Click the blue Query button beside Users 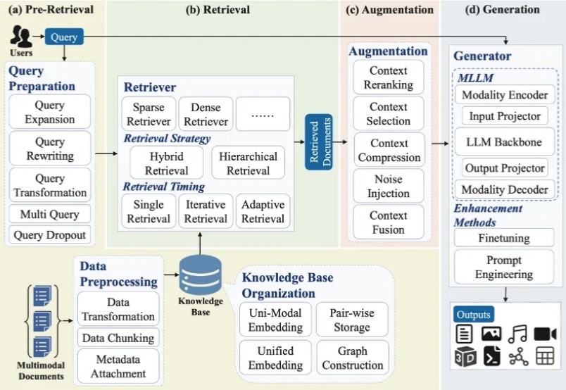click(x=65, y=36)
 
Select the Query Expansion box click(x=50, y=112)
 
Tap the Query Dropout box click(x=50, y=235)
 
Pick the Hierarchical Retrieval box click(x=248, y=163)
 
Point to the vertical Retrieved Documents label click(x=318, y=142)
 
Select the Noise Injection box click(x=388, y=187)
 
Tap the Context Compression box click(x=388, y=150)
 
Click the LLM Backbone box click(x=504, y=141)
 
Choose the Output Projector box click(x=504, y=168)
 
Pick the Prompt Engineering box click(x=504, y=268)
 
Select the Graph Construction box click(x=352, y=358)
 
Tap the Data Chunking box click(x=118, y=338)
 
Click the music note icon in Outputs click(x=517, y=334)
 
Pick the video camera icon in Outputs click(x=545, y=334)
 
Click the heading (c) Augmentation click(x=389, y=10)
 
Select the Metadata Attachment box click(x=118, y=366)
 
